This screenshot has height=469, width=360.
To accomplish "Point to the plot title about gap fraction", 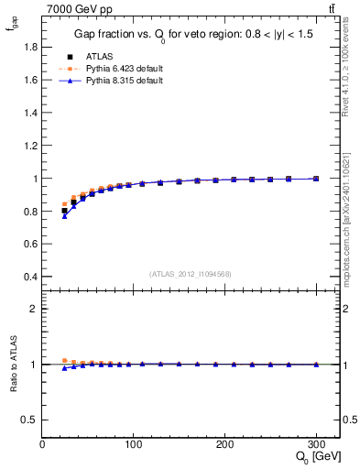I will coord(191,36).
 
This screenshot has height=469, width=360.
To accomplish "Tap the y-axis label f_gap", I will coord(12,33).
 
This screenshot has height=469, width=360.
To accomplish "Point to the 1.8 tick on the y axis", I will coord(30,47).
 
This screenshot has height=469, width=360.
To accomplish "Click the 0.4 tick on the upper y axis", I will coord(30,277).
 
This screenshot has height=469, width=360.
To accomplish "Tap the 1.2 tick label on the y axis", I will coord(30,146).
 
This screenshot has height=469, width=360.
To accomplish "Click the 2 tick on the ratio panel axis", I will coord(34,309).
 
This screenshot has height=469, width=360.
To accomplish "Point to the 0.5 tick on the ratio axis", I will coord(30,420).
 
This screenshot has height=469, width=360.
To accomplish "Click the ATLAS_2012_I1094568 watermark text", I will coord(191,274).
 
